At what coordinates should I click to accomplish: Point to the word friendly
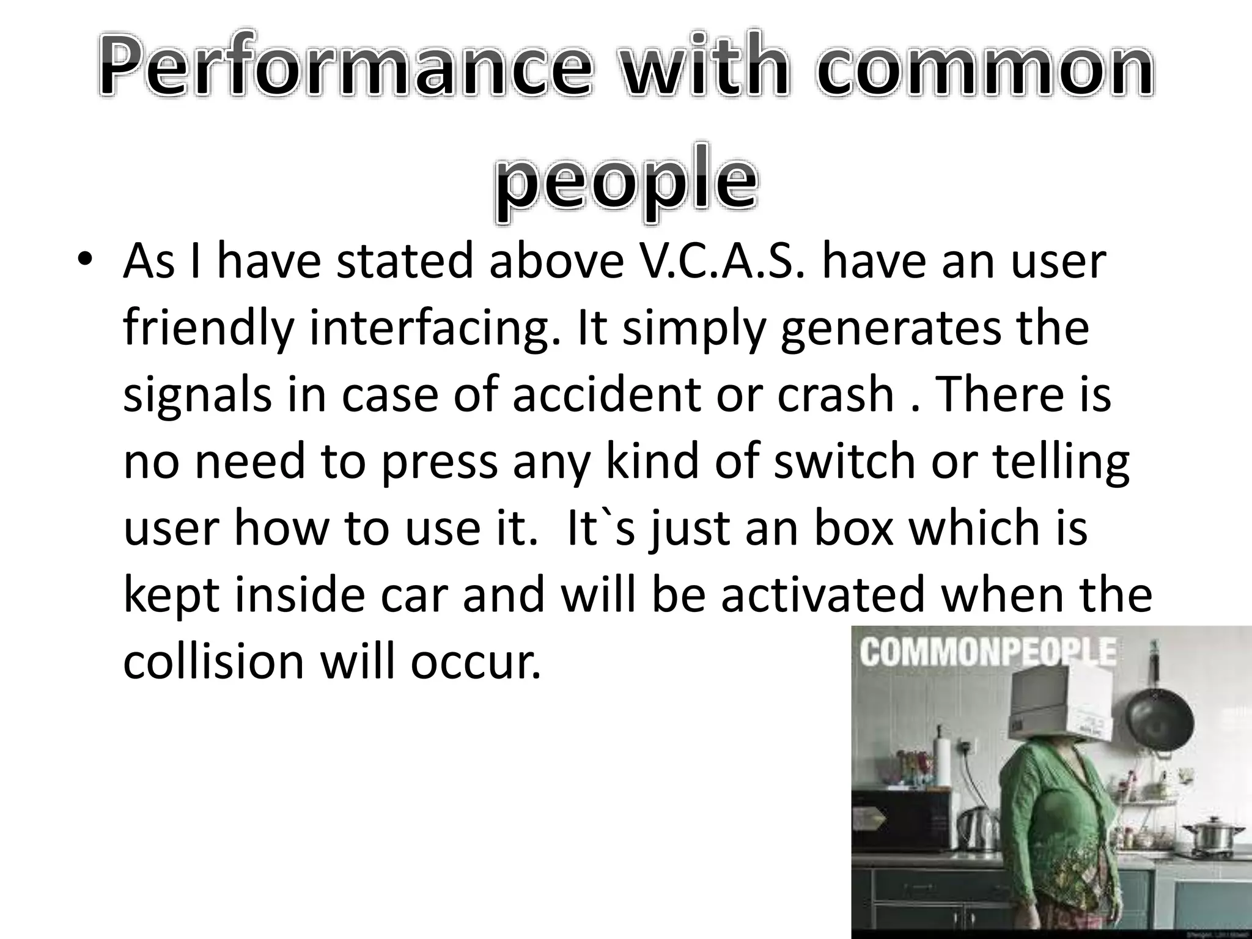[x=208, y=329]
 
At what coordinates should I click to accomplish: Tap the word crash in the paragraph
[x=835, y=394]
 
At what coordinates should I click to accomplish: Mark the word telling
[x=1061, y=462]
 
